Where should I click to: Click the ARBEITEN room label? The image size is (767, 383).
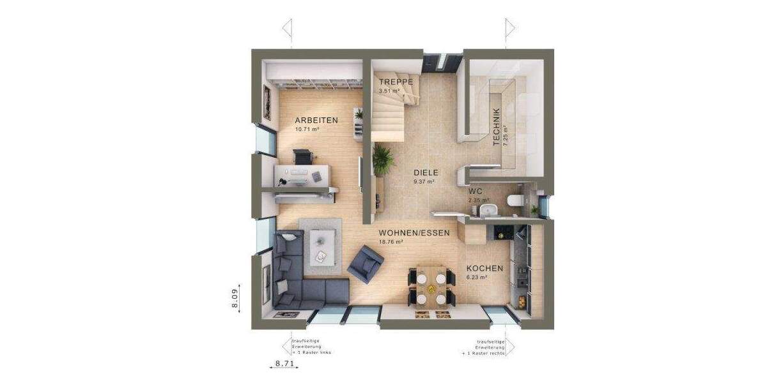316,120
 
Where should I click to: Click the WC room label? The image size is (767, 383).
475,191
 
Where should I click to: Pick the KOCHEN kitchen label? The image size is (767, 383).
484,269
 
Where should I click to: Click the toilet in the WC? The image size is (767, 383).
514,201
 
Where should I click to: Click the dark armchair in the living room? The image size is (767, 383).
365,264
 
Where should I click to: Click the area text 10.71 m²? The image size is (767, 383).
307,129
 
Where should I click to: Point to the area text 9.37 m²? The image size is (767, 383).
424,181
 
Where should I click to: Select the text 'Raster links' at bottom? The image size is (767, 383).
318,352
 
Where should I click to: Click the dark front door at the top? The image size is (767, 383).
441,61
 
